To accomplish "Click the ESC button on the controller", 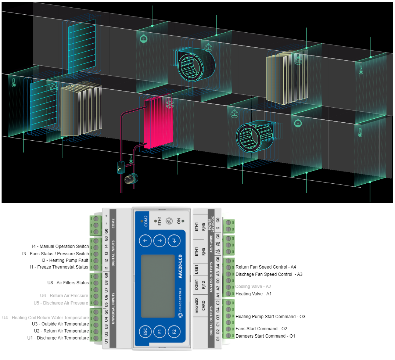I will tap(145, 332).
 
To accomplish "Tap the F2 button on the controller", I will tap(174, 332).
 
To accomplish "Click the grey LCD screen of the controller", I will tap(158, 285).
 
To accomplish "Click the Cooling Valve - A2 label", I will tap(253, 287).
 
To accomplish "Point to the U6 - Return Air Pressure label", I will tap(64, 296).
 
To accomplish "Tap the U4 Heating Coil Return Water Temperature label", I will tap(46, 317).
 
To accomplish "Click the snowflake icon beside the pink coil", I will tap(169, 105).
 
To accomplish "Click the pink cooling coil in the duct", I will tap(158, 123).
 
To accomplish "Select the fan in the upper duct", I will tap(193, 65).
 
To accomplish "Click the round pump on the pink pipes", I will tap(130, 179).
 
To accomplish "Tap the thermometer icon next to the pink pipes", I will tap(131, 159).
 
